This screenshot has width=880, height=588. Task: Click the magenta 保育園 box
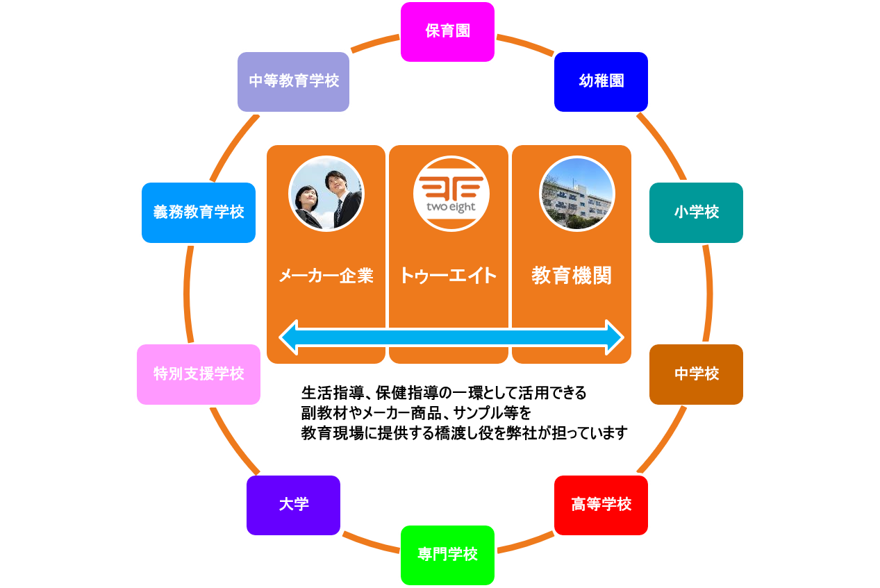coord(447,32)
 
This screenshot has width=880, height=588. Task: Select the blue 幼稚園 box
coord(601,81)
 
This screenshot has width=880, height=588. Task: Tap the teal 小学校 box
coord(696,212)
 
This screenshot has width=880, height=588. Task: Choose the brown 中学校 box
coord(696,374)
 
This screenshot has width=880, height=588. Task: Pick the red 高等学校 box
coord(601,505)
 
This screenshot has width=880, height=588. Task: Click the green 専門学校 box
coord(447,555)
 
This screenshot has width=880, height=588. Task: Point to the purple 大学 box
coord(293,505)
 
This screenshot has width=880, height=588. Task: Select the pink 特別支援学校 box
coord(199,374)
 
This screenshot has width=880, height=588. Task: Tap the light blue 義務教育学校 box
coord(199,212)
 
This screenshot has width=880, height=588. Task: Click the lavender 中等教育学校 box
coord(293,81)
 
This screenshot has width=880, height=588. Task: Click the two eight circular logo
coord(451,194)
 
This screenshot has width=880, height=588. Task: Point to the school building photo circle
coord(576,194)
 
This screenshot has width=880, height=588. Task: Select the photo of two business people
coord(326,194)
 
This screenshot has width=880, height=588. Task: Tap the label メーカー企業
coord(326,276)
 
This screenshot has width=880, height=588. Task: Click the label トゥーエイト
coord(448,276)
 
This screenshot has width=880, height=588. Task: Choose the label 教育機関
coord(571,276)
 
